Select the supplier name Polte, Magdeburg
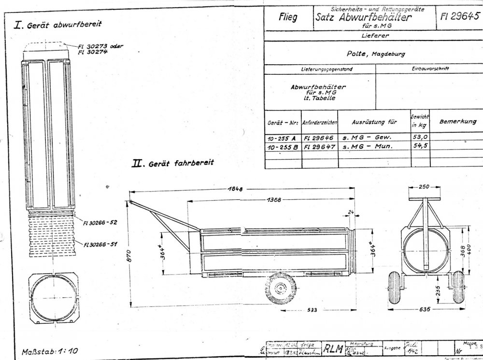[x=369, y=54]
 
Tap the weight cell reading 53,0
[x=418, y=138]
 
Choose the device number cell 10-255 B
[x=283, y=148]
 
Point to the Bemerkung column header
[x=457, y=122]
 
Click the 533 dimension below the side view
[x=313, y=310]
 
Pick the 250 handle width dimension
[x=424, y=186]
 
